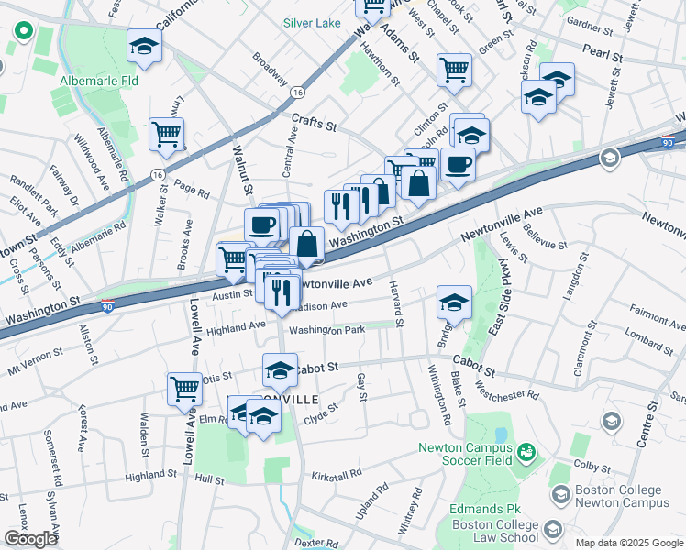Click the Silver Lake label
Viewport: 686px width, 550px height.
312,22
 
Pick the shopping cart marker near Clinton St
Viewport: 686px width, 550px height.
454,69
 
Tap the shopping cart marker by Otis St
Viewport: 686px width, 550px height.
185,389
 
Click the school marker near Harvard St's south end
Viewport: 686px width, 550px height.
454,301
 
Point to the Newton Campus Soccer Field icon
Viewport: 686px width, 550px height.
526,451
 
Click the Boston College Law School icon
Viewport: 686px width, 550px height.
553,530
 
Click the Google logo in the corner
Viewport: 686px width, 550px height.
30,539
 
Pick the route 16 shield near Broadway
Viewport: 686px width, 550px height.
296,93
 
